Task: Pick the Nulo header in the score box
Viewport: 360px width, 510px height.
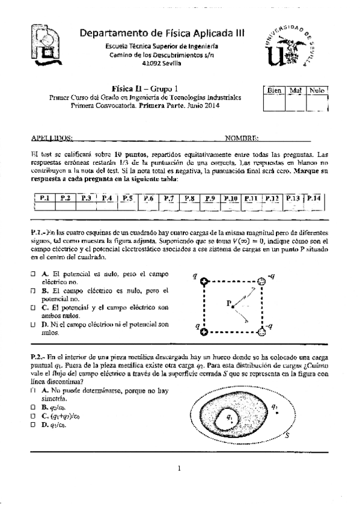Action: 317,90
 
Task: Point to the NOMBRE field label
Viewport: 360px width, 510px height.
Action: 242,137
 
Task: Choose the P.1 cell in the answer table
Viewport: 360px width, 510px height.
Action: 45,198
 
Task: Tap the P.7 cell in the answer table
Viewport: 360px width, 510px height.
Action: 168,198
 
